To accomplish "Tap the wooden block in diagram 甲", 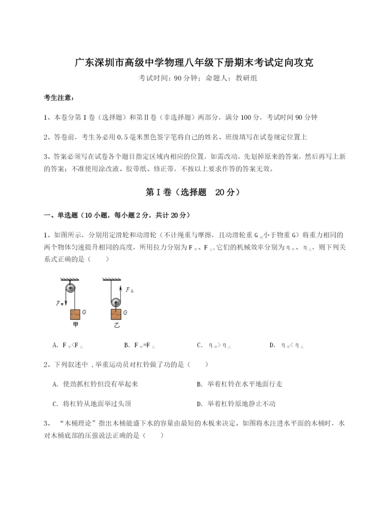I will (76, 314).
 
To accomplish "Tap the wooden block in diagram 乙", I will (116, 314).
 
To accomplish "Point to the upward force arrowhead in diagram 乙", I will (121, 288).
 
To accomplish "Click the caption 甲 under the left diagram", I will (76, 325).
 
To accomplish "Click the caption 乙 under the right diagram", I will (116, 325).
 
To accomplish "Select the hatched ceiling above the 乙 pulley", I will (111, 279).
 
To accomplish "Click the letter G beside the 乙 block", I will (126, 312).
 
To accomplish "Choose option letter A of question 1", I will (56, 345).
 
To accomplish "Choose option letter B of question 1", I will (127, 345).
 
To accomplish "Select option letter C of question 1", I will (199, 345).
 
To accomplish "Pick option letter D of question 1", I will (272, 345).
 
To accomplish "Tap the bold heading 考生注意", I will (59, 97).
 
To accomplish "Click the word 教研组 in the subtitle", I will (246, 78).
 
